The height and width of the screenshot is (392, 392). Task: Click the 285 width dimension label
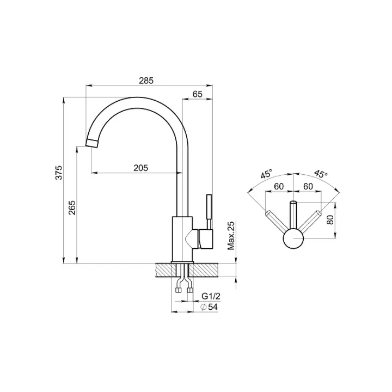point(146,81)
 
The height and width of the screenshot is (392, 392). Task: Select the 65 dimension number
point(197,94)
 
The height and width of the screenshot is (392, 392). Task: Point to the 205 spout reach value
point(141,168)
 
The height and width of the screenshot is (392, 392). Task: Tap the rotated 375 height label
point(59,173)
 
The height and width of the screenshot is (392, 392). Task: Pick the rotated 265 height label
point(72,208)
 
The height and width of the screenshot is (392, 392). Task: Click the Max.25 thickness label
point(231,236)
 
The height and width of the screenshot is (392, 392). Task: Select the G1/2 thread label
point(211,297)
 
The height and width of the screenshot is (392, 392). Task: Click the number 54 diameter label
point(212,307)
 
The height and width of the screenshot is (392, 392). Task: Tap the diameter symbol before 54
point(204,307)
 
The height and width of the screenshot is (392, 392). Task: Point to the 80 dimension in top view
point(330,220)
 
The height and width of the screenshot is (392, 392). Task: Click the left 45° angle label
point(267,174)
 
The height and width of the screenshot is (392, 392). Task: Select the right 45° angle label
point(321,174)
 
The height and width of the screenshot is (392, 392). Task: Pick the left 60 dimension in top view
point(279,186)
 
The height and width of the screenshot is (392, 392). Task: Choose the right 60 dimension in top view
point(308,186)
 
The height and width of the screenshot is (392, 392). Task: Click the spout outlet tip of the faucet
point(91,143)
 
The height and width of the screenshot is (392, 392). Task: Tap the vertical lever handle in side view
point(209,211)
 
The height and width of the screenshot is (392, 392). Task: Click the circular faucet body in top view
point(293,239)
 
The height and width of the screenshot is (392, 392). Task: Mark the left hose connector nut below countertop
point(179,290)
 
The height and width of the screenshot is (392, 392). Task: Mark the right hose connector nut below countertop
point(190,290)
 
